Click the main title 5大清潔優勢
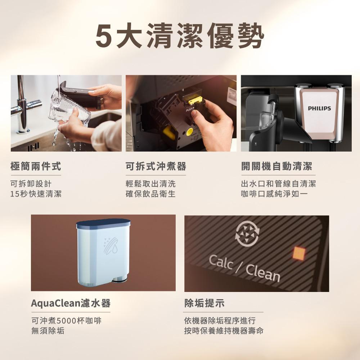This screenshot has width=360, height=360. click(180, 36)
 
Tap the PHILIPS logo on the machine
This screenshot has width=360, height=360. click(319, 108)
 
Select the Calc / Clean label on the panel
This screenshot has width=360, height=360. click(244, 268)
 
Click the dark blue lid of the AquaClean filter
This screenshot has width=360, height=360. click(103, 224)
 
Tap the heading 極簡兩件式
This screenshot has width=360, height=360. click(36, 166)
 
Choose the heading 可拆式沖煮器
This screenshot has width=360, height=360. click(156, 166)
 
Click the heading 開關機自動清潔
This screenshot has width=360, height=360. click(276, 166)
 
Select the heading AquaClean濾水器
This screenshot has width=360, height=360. click(71, 303)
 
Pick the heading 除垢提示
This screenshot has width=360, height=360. click(204, 303)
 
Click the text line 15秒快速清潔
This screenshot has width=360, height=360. click(36, 194)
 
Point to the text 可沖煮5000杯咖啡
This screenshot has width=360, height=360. click(66, 320)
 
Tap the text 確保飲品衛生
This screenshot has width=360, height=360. click(150, 194)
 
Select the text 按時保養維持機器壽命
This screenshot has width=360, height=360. click(224, 330)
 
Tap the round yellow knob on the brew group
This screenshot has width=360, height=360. click(190, 132)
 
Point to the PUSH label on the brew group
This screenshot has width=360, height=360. click(190, 109)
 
